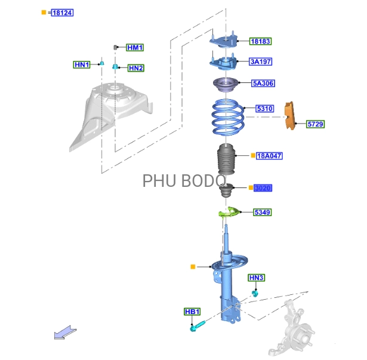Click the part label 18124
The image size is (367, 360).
pos(62,13)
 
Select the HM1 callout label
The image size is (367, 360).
pos(135,48)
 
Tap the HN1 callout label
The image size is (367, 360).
pos(82,64)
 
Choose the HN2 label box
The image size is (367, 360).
pos(135,68)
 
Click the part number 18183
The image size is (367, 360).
pos(260,41)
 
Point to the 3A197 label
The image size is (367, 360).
pos(260,61)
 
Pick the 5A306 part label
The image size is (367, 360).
pos(263,84)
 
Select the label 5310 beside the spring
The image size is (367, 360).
pos(265,109)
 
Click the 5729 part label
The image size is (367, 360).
pos(315,124)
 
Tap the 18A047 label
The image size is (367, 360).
pos(269,156)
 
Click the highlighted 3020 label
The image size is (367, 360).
pos(263,188)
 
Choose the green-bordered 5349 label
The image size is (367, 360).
pos(263,213)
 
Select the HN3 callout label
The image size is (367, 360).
pos(256,278)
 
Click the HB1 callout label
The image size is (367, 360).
pos(192,312)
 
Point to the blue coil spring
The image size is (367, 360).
pos(228,117)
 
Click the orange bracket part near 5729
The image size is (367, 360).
pos(290,115)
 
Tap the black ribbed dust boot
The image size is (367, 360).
pos(226,159)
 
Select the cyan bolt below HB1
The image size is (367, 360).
pos(198,326)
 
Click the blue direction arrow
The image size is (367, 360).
pos(65,333)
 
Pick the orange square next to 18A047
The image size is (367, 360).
pos(253,155)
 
